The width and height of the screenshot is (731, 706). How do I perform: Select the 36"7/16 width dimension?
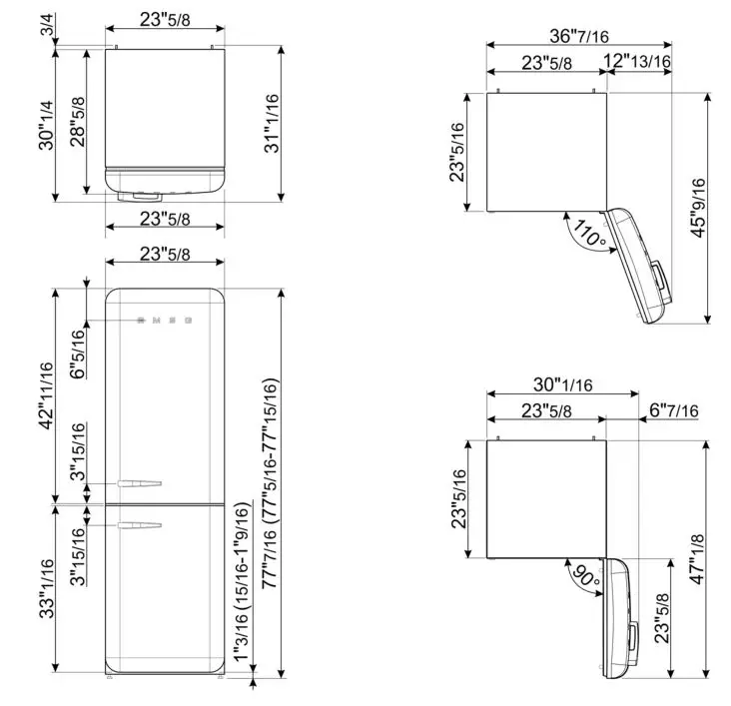[548, 36]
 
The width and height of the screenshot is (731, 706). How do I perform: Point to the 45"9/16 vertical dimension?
[699, 207]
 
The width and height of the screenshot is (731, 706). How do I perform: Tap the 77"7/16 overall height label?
[247, 589]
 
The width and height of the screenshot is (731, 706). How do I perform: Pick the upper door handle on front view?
[138, 484]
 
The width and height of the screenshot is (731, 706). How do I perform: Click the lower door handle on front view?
[138, 523]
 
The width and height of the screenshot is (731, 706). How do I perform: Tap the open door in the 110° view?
[639, 265]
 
